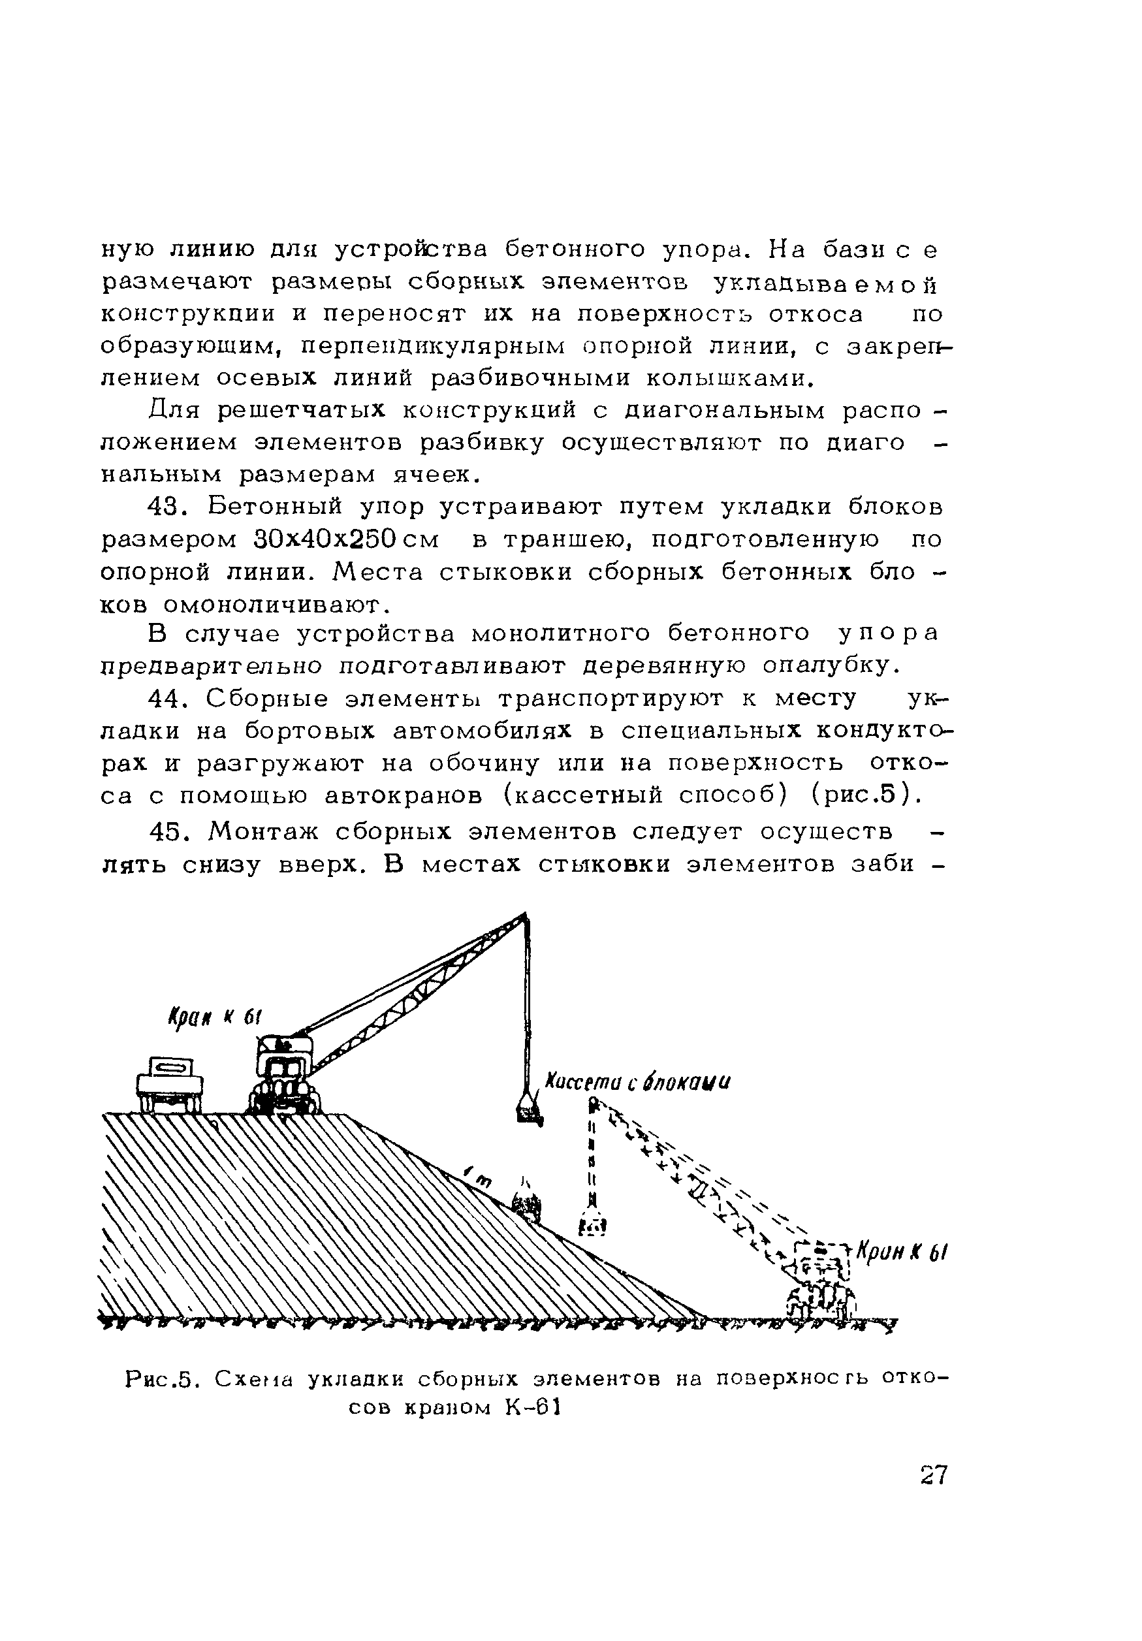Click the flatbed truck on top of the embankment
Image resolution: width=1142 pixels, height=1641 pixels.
pos(170,1083)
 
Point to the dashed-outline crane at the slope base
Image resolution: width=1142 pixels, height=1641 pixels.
pos(822,1283)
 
